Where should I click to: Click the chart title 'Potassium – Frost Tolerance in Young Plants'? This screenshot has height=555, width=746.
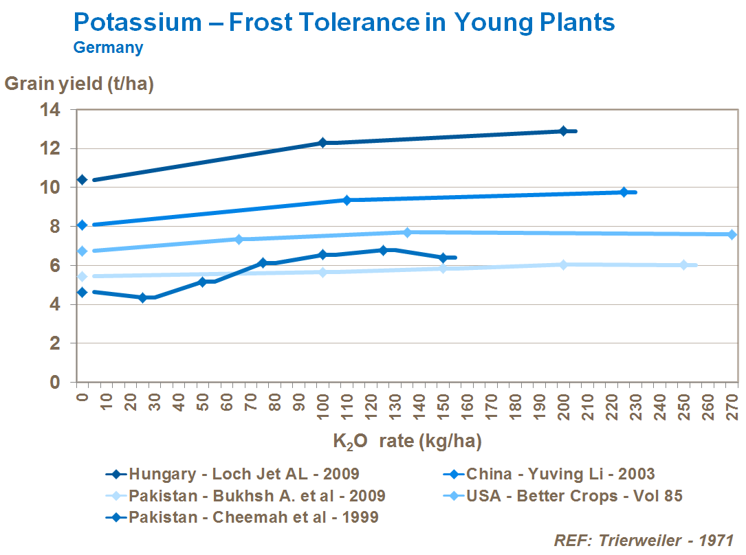click(x=344, y=22)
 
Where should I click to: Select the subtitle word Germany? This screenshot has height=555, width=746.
click(x=108, y=48)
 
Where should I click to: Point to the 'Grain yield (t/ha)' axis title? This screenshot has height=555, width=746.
click(x=79, y=84)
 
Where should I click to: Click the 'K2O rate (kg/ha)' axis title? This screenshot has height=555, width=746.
click(x=406, y=441)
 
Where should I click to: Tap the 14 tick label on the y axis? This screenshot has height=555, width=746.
click(x=52, y=110)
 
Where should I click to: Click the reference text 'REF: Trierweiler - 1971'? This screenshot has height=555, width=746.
click(x=644, y=541)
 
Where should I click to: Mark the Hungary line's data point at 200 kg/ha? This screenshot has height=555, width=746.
click(x=563, y=131)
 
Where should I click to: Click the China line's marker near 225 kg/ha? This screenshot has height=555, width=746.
click(x=624, y=192)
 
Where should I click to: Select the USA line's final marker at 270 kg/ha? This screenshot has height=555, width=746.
click(x=732, y=234)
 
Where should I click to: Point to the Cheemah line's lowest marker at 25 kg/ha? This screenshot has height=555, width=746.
click(x=143, y=297)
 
